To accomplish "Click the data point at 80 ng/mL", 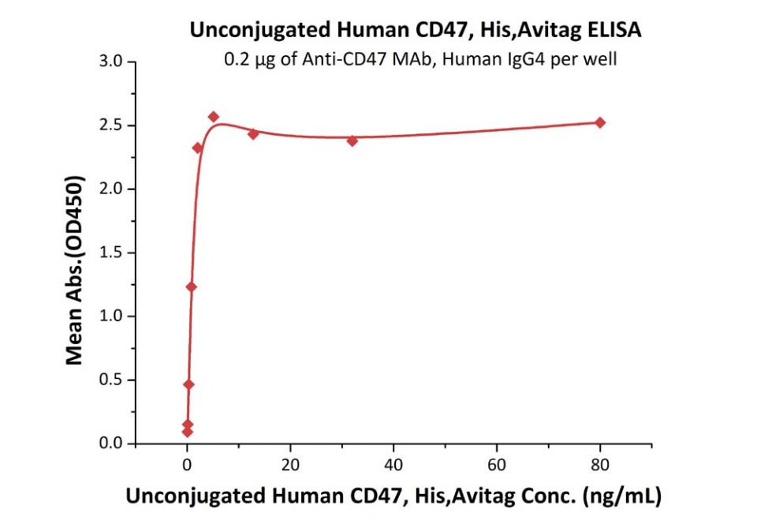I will click(600, 122).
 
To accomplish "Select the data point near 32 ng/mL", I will click(352, 140).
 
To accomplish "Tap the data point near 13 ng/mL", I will click(253, 133).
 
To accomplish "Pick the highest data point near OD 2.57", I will click(213, 117).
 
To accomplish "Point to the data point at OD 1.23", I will click(191, 287).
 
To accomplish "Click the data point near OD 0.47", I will click(188, 384).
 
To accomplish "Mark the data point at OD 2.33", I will click(197, 148).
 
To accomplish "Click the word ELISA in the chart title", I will click(612, 30).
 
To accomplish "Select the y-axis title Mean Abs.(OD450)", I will click(75, 253).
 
